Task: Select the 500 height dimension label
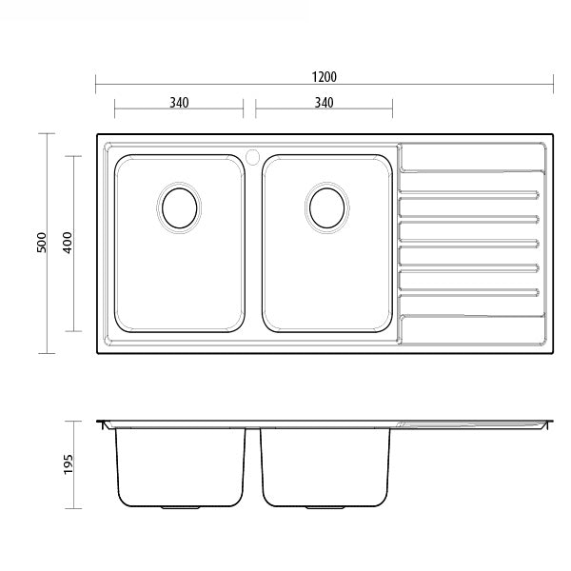point(41,244)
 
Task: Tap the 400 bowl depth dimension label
point(67,244)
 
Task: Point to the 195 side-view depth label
point(67,463)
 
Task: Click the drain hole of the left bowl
point(178,206)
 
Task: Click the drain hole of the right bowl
point(325,206)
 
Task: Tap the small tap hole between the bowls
point(252,154)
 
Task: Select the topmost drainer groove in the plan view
point(470,173)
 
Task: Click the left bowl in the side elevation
point(178,471)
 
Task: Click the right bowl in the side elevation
point(325,471)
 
